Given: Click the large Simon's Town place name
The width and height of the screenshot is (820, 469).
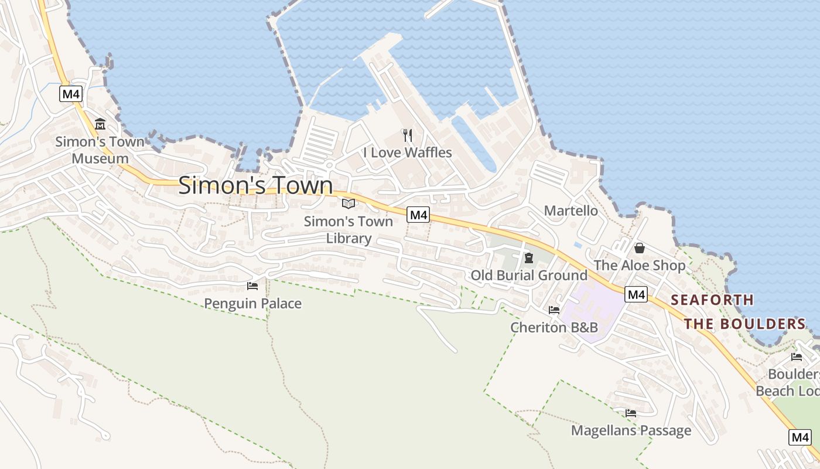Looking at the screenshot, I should (255, 185).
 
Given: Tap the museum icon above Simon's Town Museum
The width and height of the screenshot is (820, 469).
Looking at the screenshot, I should (100, 124).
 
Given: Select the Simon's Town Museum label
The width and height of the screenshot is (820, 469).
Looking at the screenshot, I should (100, 150).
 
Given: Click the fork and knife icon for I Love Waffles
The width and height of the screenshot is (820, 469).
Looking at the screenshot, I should (408, 135).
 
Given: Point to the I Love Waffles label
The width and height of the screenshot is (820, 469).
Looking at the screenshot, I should (408, 152).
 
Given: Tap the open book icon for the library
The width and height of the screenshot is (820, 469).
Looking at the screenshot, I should (348, 203).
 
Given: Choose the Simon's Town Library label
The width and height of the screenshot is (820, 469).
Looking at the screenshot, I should (348, 230).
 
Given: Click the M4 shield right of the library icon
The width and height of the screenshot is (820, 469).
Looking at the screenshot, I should (419, 215).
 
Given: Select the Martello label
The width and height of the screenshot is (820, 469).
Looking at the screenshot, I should (571, 210).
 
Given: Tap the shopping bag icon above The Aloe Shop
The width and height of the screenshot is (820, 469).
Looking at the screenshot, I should (639, 248).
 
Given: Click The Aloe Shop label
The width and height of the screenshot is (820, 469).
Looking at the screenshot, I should (640, 265).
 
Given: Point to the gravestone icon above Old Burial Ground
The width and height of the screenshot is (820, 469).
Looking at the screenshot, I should (528, 258).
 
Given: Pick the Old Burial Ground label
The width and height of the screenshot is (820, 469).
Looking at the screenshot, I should (529, 275).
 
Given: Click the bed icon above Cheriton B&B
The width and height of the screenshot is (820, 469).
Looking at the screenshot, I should (553, 310).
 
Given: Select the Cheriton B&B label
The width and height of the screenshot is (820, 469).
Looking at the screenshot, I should (554, 327).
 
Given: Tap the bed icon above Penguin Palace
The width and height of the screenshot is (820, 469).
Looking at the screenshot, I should (252, 286).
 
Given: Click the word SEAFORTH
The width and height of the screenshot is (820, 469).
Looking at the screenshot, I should (712, 300).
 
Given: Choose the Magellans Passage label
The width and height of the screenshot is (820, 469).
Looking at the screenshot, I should (631, 430).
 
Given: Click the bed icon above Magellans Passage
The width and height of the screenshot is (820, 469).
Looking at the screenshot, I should (630, 413).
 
